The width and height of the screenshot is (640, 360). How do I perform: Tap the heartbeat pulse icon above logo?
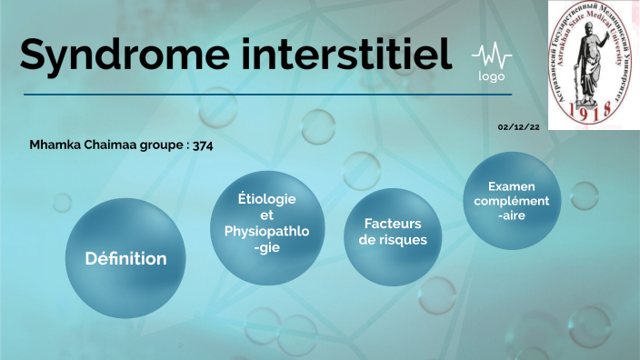coord(492,56)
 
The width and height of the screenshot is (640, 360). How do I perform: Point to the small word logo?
coord(492,76)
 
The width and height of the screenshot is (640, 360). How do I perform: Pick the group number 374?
coord(203,145)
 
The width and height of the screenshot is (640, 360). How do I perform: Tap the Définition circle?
coord(125,258)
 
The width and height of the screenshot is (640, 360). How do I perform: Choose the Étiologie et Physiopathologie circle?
coord(266,224)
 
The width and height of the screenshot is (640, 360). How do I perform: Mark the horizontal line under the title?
coord(267,94)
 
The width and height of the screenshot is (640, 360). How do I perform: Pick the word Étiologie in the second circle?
coord(266,199)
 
